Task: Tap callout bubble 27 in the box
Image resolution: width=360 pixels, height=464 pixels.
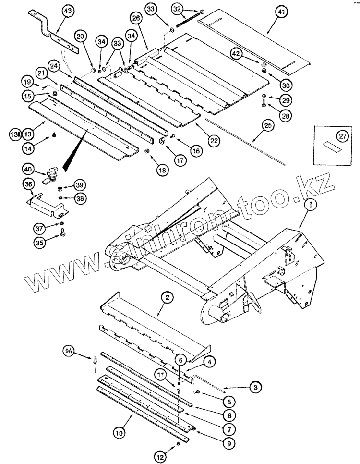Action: (x=342, y=136)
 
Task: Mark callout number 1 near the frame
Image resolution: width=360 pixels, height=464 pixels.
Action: (x=298, y=205)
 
